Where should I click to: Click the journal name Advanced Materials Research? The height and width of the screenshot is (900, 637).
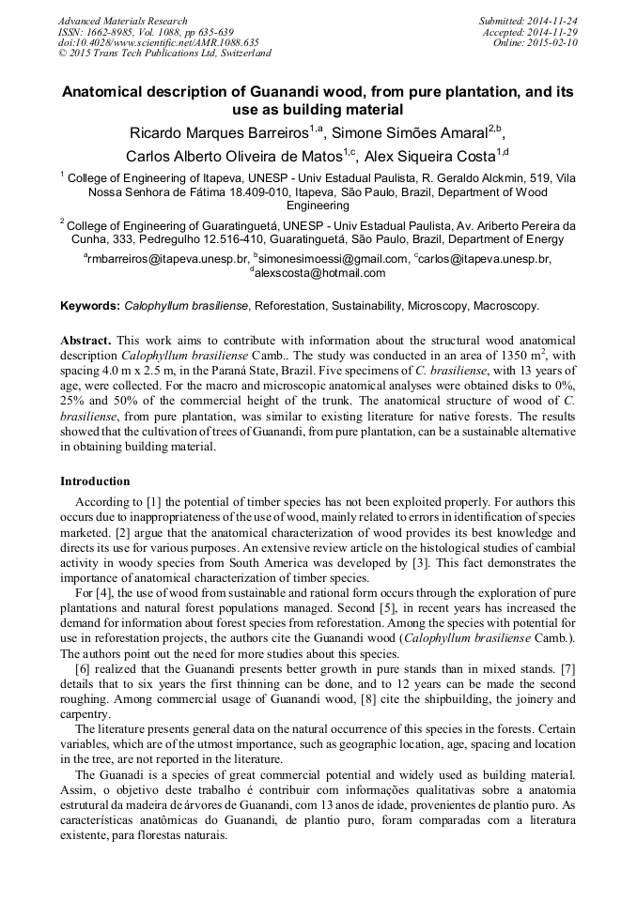coord(122,21)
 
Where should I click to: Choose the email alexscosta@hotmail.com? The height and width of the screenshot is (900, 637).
coord(319,273)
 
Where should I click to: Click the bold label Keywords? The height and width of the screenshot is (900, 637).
coord(90,306)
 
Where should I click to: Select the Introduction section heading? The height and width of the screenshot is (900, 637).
coord(95,481)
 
